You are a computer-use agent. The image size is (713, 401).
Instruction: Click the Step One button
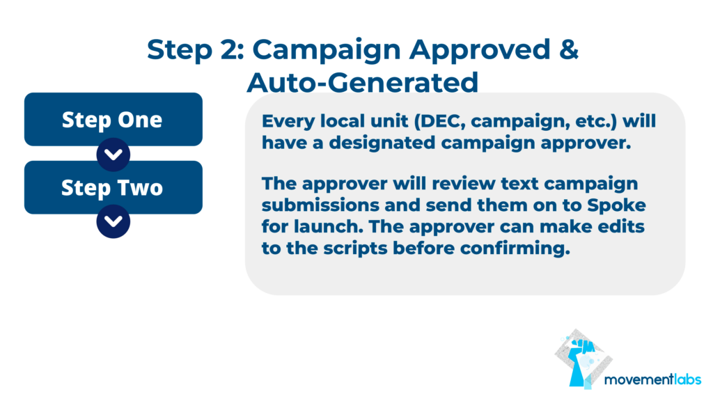pos(113,119)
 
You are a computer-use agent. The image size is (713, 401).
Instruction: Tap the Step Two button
pos(113,187)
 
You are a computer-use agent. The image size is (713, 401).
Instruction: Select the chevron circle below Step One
pos(113,155)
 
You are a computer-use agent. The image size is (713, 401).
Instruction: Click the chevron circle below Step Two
pos(113,221)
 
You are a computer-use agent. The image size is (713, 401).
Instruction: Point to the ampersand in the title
pos(569,49)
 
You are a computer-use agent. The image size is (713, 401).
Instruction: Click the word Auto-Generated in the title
pos(362,83)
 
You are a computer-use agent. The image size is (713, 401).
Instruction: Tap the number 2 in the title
pos(230,49)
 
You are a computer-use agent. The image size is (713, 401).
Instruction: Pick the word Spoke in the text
pos(616,205)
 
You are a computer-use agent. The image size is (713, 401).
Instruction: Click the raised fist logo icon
pos(583,359)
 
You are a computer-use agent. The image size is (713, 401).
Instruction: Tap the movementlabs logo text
pos(652,379)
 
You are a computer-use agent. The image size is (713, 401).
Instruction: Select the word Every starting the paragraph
pos(288,122)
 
